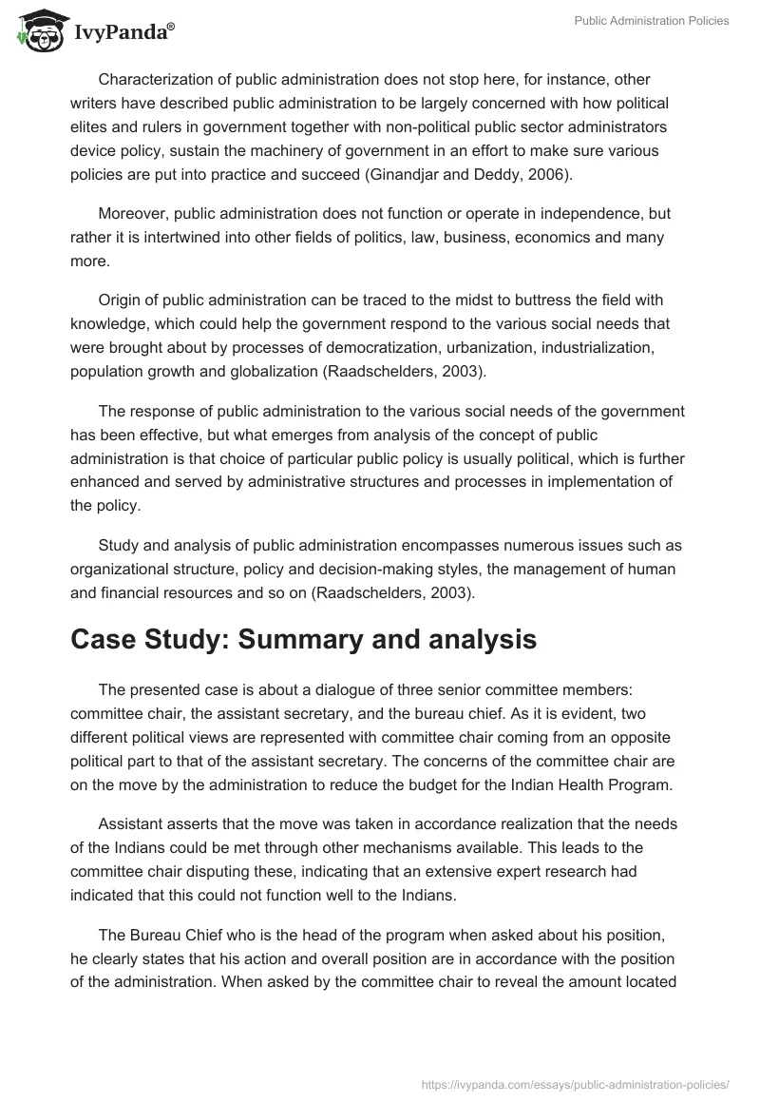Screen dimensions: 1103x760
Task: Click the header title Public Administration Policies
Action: (x=652, y=21)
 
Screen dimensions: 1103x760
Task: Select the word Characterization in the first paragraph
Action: (x=154, y=79)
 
